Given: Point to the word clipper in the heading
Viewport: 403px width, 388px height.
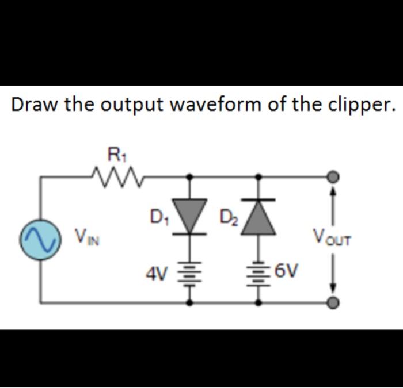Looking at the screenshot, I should [360, 105].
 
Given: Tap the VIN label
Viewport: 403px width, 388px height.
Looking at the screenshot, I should [86, 236].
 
